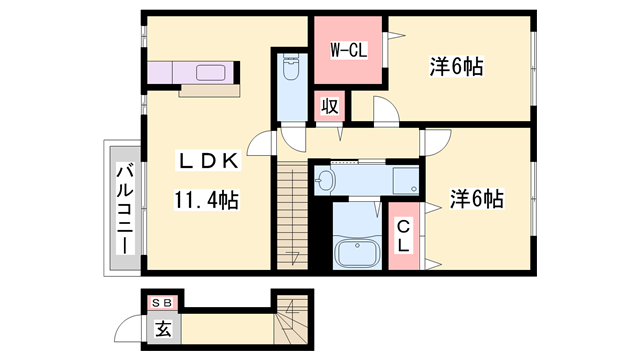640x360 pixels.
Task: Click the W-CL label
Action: point(349,51)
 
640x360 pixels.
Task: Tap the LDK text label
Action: point(208,160)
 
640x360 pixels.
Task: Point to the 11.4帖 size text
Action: point(207,200)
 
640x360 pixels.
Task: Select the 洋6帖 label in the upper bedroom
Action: point(456,66)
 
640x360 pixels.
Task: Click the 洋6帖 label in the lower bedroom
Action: point(477,199)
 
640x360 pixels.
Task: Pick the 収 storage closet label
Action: point(330,106)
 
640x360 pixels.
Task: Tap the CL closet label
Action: point(403,236)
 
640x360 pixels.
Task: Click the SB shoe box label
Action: point(162,303)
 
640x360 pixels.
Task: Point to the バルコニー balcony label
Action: point(125,208)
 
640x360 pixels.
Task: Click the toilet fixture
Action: point(291,68)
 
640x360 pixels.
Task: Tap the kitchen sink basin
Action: point(210,73)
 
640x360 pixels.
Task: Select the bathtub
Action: point(357,253)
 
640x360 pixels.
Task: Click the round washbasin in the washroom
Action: point(325,180)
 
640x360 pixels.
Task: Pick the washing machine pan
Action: point(406,180)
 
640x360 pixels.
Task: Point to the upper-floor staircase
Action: point(292,215)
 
